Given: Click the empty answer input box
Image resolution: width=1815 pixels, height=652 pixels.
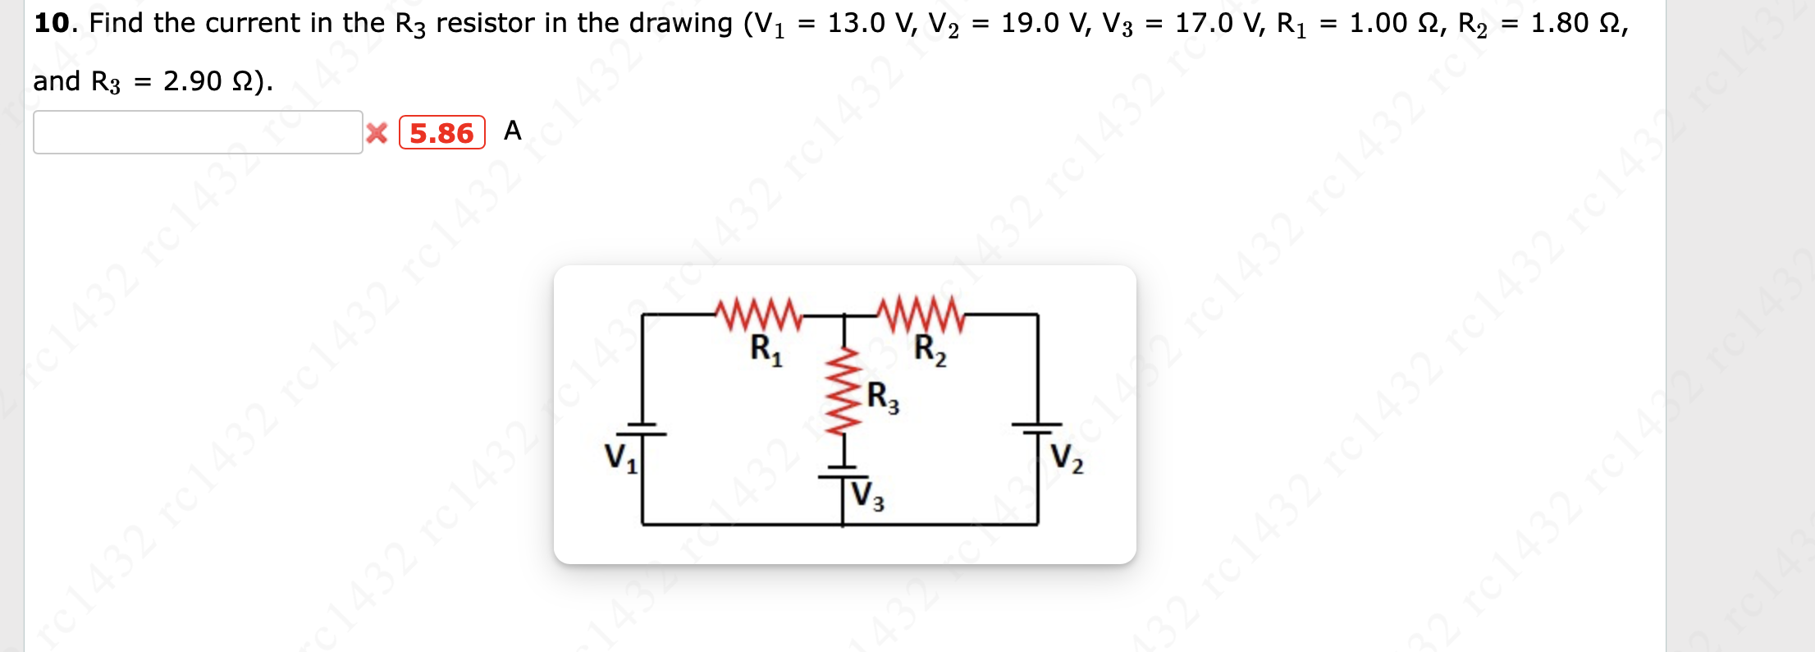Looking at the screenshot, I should (197, 132).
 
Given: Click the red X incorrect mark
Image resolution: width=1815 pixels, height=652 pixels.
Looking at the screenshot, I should (377, 133).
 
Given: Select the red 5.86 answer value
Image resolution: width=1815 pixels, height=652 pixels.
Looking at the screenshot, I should (441, 133).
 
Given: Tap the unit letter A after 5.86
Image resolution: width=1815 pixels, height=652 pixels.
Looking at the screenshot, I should (512, 131).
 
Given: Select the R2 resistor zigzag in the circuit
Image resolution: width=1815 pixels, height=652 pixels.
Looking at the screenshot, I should (920, 313).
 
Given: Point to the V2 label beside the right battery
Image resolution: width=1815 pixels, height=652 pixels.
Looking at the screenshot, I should (1067, 457).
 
